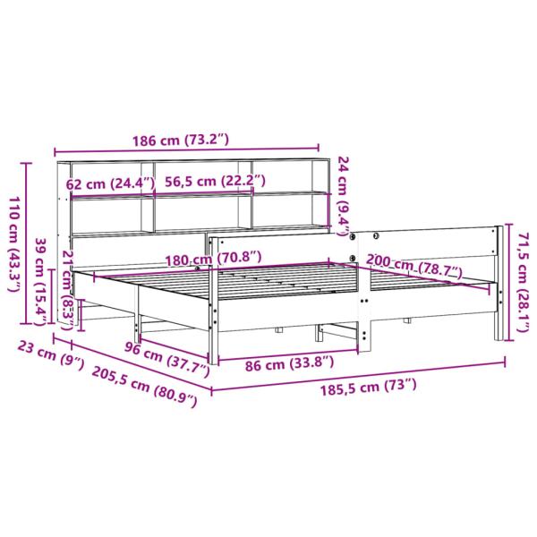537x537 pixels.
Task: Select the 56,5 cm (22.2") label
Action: [215, 182]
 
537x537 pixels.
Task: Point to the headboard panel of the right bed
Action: [430, 243]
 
